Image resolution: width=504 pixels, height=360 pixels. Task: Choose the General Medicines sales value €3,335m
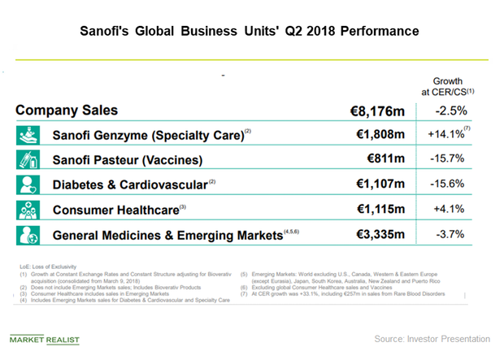[x=380, y=236]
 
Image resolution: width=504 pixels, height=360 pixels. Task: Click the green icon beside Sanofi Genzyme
[x=28, y=135]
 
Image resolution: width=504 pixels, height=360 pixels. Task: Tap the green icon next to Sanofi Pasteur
[x=28, y=160]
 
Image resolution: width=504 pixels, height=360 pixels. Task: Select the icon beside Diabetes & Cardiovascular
[x=28, y=185]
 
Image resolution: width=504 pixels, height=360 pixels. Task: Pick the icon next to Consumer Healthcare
[x=28, y=210]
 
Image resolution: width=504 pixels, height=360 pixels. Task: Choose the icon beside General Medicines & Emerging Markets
[x=28, y=236]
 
